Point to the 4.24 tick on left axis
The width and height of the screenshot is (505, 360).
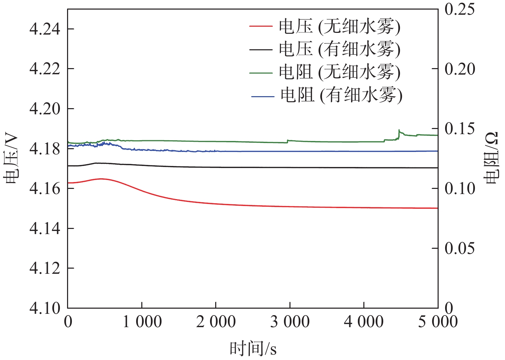[x=45, y=29]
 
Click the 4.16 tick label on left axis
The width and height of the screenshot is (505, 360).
[x=45, y=189]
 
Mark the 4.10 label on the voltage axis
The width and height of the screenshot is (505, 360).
[x=45, y=308]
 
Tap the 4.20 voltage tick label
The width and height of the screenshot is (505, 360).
[x=45, y=109]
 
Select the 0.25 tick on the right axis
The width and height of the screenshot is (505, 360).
[x=459, y=9]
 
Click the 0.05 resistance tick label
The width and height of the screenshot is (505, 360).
[x=459, y=248]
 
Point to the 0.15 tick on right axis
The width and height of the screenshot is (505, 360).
[x=459, y=129]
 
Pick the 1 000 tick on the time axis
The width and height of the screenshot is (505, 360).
[x=142, y=322]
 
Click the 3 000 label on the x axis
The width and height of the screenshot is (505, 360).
[x=290, y=322]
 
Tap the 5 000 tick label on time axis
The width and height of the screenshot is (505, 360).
[x=438, y=322]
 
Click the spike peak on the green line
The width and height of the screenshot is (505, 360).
[x=399, y=130]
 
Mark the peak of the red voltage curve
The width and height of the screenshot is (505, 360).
[x=101, y=179]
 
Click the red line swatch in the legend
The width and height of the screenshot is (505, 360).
[x=261, y=26]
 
